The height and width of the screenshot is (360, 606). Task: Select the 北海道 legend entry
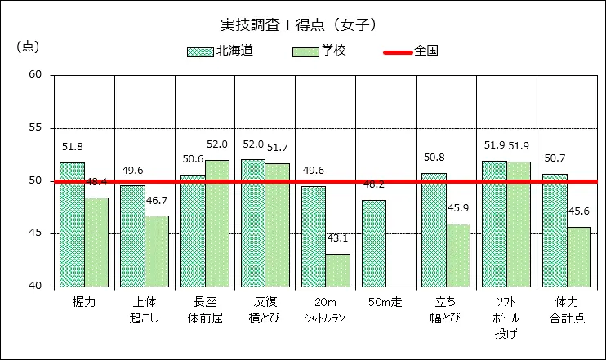click(x=220, y=51)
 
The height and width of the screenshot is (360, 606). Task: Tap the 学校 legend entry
click(x=319, y=51)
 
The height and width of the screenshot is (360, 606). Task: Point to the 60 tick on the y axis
click(x=35, y=75)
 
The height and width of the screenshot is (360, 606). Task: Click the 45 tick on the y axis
click(x=35, y=233)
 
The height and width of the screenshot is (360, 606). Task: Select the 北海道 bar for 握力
click(x=72, y=224)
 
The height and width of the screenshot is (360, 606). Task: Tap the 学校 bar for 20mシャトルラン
click(x=337, y=270)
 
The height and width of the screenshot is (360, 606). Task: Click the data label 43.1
click(x=337, y=238)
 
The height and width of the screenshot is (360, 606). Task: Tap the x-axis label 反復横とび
click(x=265, y=309)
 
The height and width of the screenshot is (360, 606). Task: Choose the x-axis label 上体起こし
click(x=145, y=309)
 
